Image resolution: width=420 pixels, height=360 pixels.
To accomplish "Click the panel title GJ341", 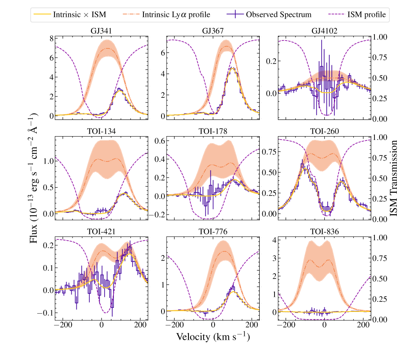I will coord(101,30).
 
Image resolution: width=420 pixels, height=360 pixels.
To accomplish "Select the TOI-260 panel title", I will coord(324,131).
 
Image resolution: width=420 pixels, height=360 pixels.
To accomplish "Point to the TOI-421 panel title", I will coord(101,231).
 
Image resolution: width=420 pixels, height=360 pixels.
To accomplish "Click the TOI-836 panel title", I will coord(324,231).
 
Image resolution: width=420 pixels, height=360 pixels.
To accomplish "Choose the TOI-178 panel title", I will coord(213,131).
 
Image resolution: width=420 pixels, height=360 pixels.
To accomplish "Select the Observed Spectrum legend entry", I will coord(278,14).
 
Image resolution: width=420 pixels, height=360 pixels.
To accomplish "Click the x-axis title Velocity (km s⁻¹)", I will coord(213,337).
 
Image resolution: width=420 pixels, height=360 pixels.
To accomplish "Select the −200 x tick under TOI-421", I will coord(63,325).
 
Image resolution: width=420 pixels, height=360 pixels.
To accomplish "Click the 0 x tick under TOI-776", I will coord(213,325).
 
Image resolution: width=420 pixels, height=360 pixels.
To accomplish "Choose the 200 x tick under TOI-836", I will coord(363,325).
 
